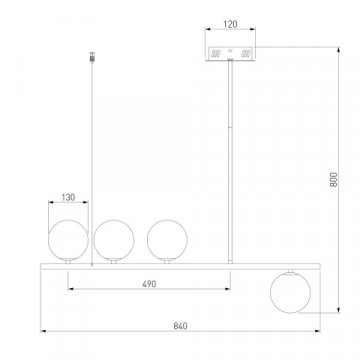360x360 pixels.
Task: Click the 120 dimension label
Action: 230,24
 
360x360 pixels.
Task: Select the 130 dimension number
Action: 68,197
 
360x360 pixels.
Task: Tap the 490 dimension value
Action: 149,284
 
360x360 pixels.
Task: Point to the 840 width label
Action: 180,326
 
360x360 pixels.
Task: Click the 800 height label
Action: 334,179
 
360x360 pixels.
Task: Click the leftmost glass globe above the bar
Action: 68,240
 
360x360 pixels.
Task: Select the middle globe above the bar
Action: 114,240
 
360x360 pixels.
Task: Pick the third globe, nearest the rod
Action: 167,240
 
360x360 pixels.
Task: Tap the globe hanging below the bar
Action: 290,293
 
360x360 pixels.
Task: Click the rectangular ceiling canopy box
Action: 230,54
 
